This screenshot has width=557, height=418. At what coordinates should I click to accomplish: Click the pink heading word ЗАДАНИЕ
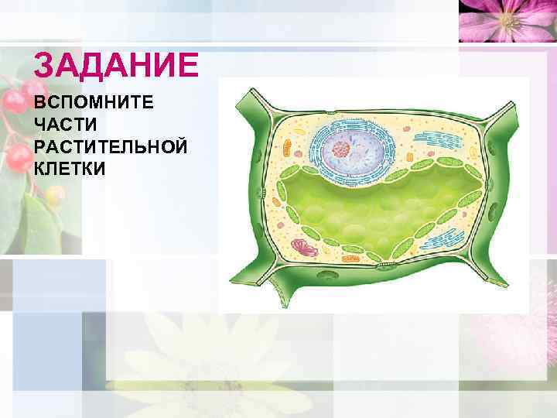(x=116, y=66)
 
